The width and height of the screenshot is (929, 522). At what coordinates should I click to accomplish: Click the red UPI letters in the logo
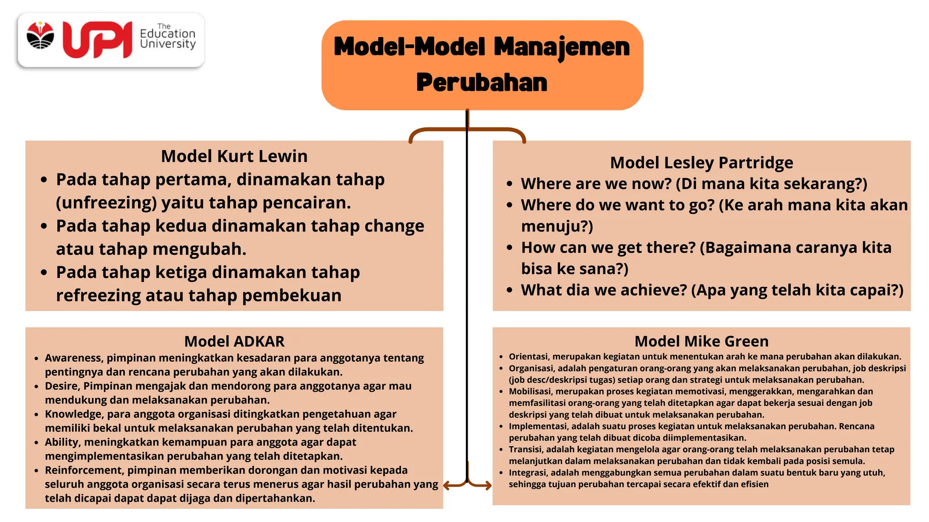tap(97, 40)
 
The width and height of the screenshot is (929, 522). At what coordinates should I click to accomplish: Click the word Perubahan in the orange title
tap(482, 82)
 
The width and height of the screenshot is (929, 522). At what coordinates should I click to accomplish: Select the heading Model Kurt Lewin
tap(234, 156)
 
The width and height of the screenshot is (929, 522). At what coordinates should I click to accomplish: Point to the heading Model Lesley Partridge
tap(701, 163)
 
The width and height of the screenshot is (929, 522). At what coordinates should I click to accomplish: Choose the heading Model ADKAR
tap(234, 341)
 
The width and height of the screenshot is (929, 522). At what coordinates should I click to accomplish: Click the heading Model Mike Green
tap(701, 341)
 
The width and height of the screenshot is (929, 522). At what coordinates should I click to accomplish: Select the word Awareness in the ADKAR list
tap(73, 358)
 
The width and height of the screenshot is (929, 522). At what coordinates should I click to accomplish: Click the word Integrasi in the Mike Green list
tap(527, 473)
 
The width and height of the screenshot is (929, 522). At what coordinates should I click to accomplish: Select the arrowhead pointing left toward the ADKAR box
tap(446, 486)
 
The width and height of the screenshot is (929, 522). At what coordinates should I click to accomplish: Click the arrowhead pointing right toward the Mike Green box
tap(488, 486)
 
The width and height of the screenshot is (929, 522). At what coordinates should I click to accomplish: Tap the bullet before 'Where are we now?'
tap(509, 184)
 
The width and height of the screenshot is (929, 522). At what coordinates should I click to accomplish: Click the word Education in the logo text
tap(167, 34)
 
